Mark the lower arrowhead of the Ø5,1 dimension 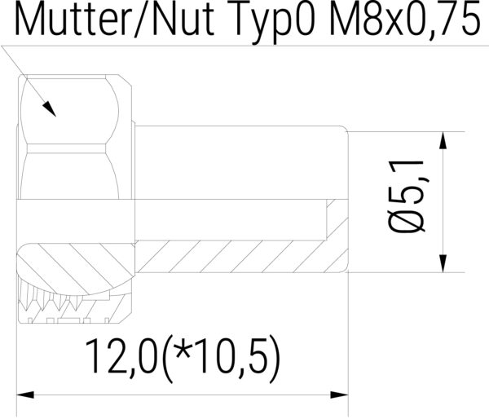pyautogui.click(x=442, y=261)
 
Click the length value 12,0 pyautogui.click(x=122, y=356)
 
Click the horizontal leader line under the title pyautogui.click(x=244, y=46)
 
